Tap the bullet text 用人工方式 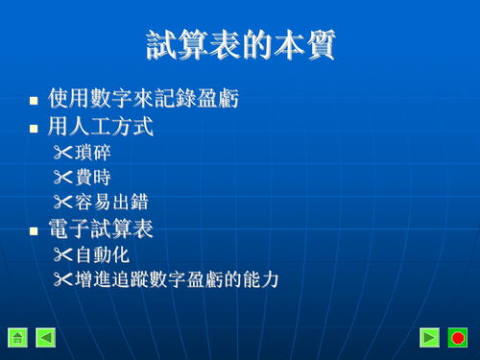(x=100, y=126)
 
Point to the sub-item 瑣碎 (x=99, y=152)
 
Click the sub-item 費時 (x=99, y=178)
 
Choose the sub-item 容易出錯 (x=112, y=203)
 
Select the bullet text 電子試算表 (x=100, y=229)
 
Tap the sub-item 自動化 (x=106, y=255)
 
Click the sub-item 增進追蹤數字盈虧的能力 (x=177, y=280)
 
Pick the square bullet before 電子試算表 (x=34, y=231)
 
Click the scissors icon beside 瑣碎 (x=63, y=152)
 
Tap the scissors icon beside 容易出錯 (x=63, y=203)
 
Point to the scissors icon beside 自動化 (x=63, y=255)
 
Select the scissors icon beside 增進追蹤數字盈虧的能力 (x=63, y=280)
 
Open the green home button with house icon (x=17, y=337)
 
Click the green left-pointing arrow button (x=46, y=337)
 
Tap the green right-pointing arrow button (x=430, y=337)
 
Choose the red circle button (x=458, y=337)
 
